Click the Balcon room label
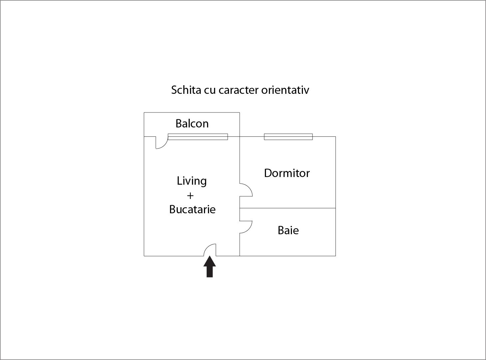(x=192, y=123)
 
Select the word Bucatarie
(x=192, y=210)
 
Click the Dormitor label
(x=287, y=173)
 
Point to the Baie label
(x=288, y=230)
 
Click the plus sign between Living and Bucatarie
(x=190, y=196)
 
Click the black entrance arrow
(x=210, y=267)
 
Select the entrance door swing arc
(x=207, y=247)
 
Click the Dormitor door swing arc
(x=249, y=187)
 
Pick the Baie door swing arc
(x=249, y=230)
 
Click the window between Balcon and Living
(x=198, y=137)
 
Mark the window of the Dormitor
(x=288, y=137)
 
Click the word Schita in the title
(x=186, y=90)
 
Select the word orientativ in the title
(x=285, y=90)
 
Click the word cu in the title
(x=210, y=91)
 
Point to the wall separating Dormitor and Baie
(x=288, y=208)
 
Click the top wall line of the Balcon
(x=192, y=112)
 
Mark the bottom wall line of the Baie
(x=288, y=256)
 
